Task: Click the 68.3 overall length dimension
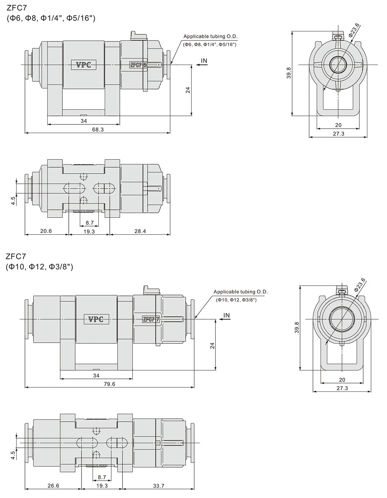click(x=98, y=129)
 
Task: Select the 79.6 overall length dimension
click(x=109, y=384)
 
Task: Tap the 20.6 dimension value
click(x=46, y=231)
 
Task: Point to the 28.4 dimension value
click(x=140, y=231)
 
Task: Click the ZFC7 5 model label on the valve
click(x=138, y=65)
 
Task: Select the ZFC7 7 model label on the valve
click(x=150, y=319)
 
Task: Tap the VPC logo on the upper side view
click(x=84, y=65)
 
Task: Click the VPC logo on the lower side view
click(x=96, y=319)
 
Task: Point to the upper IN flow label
click(x=204, y=61)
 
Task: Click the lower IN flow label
click(x=226, y=315)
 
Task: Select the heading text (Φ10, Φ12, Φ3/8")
click(x=39, y=267)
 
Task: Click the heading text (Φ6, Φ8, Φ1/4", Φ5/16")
click(x=50, y=18)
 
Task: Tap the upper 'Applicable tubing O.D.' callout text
click(x=211, y=36)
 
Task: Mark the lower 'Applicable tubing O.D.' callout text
click(x=240, y=292)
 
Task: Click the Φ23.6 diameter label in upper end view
click(x=354, y=30)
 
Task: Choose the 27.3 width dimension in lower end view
click(x=342, y=388)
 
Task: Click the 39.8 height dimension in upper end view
click(x=289, y=73)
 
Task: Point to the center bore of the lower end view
click(x=342, y=319)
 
